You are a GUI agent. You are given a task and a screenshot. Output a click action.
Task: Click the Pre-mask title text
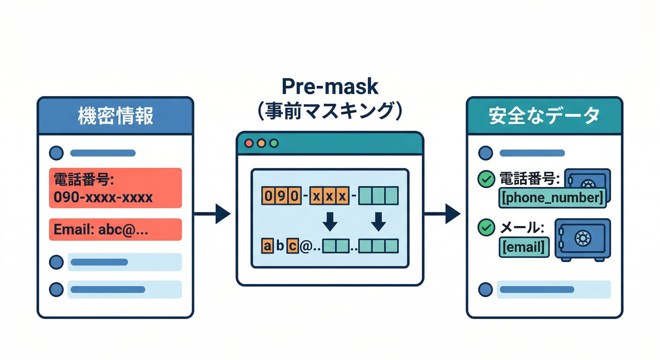click(330, 88)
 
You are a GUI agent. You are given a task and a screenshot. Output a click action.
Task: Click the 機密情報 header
click(115, 116)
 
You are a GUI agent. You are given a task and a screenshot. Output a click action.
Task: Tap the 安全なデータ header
click(544, 116)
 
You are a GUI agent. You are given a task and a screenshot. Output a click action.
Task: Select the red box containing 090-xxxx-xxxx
click(115, 188)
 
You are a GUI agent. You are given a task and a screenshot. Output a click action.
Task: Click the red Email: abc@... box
click(115, 230)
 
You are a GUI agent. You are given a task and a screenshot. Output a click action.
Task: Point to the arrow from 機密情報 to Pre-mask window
click(213, 214)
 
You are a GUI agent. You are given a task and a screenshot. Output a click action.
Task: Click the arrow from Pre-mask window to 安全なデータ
click(442, 214)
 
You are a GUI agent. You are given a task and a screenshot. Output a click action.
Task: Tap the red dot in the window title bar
click(249, 143)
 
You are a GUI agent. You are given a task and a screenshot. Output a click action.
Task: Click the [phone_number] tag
click(552, 198)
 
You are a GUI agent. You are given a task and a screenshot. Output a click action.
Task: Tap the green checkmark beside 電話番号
click(485, 179)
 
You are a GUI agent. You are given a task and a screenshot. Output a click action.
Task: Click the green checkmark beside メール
click(485, 228)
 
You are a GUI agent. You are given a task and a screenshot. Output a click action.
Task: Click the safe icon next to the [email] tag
click(582, 239)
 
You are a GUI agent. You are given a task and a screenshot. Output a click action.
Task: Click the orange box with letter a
click(267, 246)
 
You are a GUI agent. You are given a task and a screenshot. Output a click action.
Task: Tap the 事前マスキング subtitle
click(330, 113)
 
